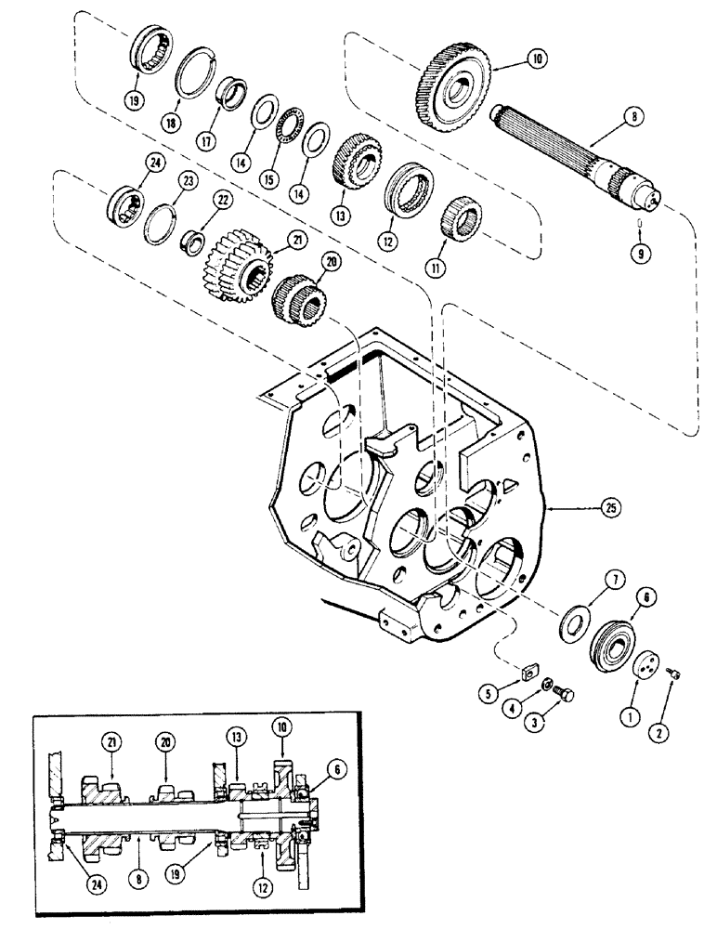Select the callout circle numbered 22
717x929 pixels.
click(x=198, y=200)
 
